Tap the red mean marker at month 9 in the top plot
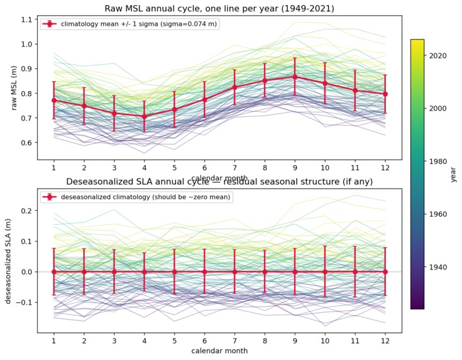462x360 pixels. coord(295,77)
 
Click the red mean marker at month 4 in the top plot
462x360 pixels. coord(145,116)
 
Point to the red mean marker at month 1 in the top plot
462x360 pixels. coord(54,100)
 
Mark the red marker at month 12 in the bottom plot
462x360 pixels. coord(385,271)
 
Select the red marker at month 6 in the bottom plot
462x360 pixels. coord(204,271)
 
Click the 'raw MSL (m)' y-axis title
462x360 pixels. coord(12,87)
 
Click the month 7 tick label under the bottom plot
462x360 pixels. coord(234,340)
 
